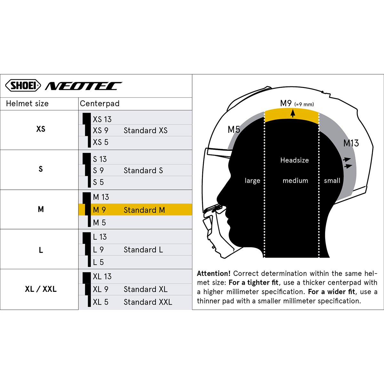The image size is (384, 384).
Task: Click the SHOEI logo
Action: point(23,85)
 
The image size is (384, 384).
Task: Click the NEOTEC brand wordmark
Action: point(84,86)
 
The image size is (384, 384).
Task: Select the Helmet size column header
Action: point(27,104)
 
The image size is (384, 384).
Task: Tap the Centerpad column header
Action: point(100,104)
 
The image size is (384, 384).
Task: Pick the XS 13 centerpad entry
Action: point(102,119)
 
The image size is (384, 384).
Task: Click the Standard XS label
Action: point(146,131)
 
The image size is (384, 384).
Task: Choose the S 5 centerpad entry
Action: point(98,182)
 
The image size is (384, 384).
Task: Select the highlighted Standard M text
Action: point(144,210)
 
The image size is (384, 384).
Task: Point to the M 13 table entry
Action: point(101,197)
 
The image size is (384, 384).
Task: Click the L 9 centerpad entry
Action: point(98,250)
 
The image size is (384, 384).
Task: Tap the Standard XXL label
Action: point(148,302)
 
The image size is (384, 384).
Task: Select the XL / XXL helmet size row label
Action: point(41,289)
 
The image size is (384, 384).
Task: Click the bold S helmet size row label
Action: point(41,169)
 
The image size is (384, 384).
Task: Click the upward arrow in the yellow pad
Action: point(292,113)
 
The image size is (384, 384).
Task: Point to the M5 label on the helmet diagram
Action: point(234,130)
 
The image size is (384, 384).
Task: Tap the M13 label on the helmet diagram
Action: point(351,143)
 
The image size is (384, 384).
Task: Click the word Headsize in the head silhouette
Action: point(294,160)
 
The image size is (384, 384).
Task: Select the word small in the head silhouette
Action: point(332,180)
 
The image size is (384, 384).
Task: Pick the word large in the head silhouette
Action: point(252,181)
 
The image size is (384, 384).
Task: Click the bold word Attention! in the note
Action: point(214,273)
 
